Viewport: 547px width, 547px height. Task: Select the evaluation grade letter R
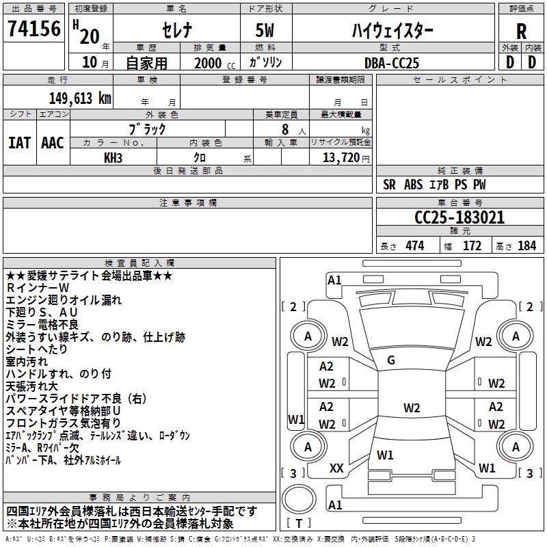tap(521, 31)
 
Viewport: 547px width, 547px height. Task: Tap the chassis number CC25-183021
tap(459, 217)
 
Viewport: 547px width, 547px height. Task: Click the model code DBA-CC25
tap(392, 63)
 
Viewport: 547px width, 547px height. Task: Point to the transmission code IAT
tap(19, 143)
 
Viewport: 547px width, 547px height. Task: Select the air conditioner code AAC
tap(53, 143)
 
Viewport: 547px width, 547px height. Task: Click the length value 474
tap(414, 246)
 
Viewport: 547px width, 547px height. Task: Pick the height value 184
tap(526, 246)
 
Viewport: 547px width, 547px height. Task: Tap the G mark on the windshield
tap(391, 360)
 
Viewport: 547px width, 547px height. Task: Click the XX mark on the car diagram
tap(336, 468)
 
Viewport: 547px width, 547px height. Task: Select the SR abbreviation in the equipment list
tap(390, 185)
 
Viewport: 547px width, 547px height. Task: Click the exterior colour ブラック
tap(147, 129)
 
